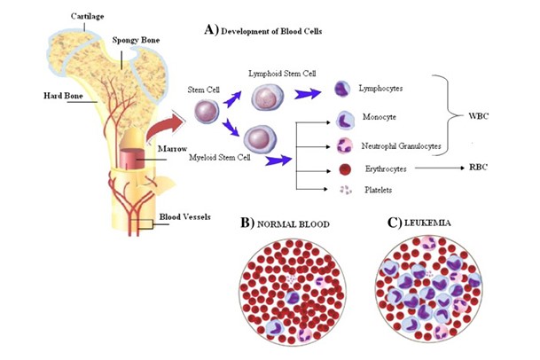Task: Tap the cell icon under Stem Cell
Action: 206,111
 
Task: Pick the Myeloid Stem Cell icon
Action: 258,137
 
